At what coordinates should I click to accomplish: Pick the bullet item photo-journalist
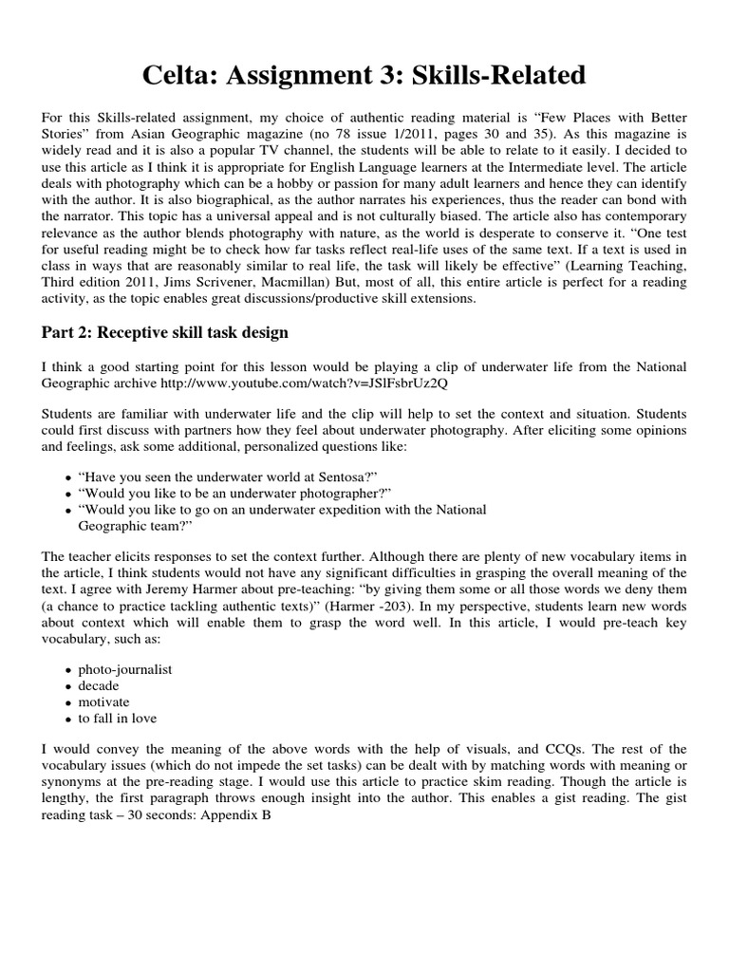pos(125,668)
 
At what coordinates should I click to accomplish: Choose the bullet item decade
pos(101,685)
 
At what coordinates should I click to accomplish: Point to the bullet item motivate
pos(104,701)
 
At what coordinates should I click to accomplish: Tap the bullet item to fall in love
pos(118,719)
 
